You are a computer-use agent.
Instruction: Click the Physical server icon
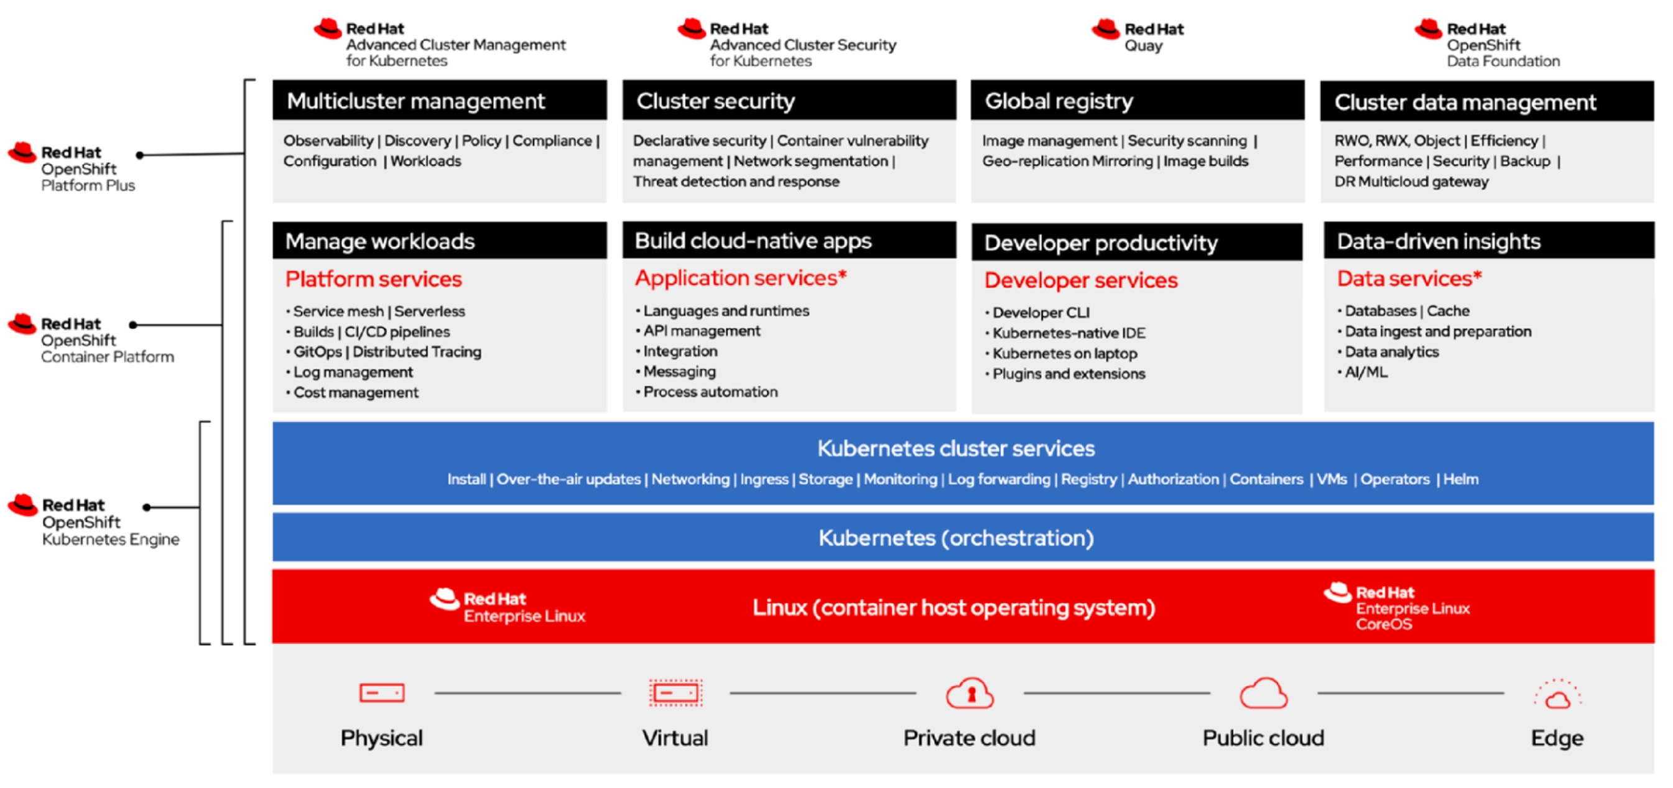(x=382, y=692)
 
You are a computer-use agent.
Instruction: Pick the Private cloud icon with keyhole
(x=970, y=692)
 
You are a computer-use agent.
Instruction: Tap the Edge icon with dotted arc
(x=1557, y=694)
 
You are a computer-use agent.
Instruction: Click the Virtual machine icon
(x=675, y=692)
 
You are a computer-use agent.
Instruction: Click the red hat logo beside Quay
(x=1105, y=29)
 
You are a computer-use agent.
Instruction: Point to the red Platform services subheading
(x=373, y=279)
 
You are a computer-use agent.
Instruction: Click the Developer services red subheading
(x=1081, y=280)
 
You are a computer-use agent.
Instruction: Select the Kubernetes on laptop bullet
(x=1061, y=354)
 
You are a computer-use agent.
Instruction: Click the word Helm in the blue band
(x=1461, y=479)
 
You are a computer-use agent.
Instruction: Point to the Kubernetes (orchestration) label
(x=956, y=538)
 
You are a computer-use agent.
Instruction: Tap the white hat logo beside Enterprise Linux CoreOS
(x=1338, y=592)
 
